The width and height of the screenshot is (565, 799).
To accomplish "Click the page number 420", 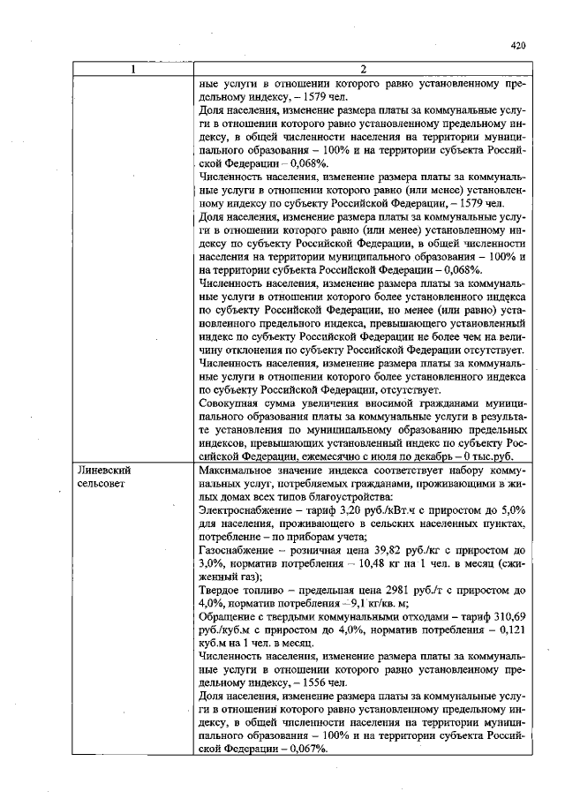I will [x=518, y=45].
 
